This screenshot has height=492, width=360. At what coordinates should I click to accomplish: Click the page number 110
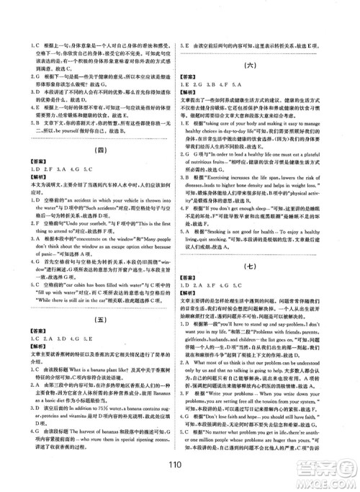click(x=181, y=476)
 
